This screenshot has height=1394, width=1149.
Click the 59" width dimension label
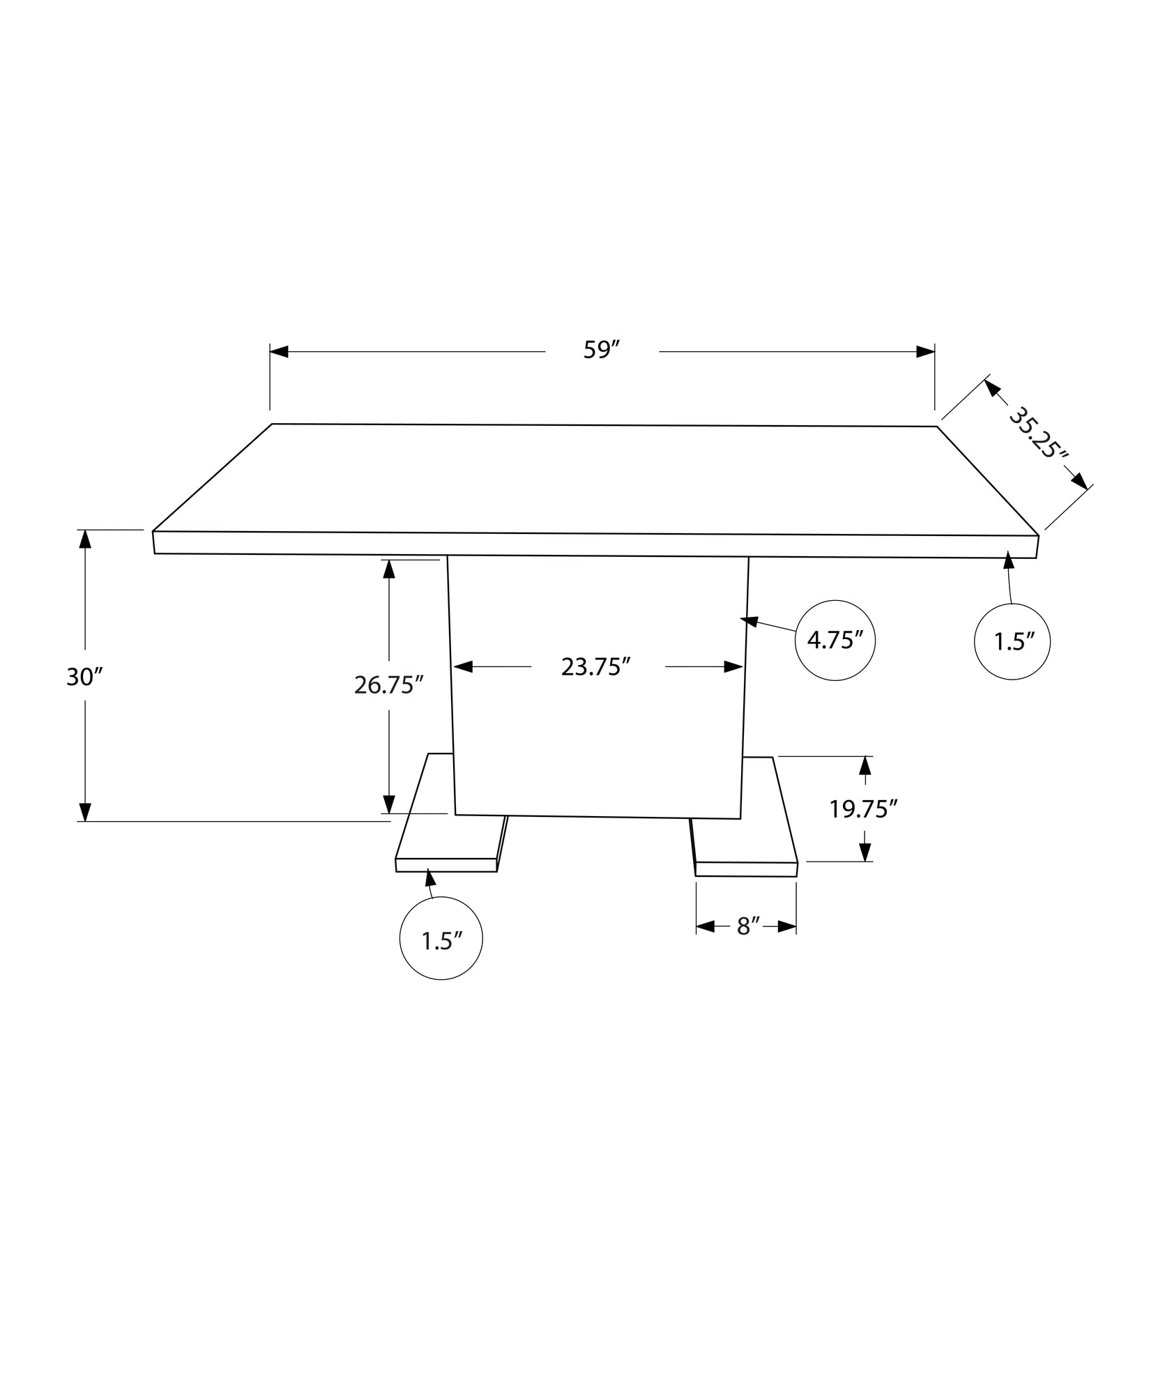tap(602, 350)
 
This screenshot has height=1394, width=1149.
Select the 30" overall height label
tap(84, 676)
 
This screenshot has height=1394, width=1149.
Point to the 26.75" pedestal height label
tap(389, 685)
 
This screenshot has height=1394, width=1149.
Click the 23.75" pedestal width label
tap(596, 667)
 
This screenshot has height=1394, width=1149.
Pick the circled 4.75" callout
tap(835, 640)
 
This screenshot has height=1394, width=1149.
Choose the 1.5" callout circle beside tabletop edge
tap(1012, 641)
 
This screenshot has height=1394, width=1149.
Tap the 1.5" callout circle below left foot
tap(441, 941)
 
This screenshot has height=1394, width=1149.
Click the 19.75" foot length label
tap(862, 809)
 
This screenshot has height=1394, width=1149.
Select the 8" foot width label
tap(747, 926)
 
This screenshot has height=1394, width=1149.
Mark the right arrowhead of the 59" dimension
tap(926, 351)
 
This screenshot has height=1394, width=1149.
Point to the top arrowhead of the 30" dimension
tap(85, 539)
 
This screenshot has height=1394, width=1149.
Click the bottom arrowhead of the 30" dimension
tap(85, 812)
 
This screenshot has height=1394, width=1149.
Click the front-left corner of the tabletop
tap(153, 542)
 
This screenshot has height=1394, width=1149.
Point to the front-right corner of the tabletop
tap(1037, 547)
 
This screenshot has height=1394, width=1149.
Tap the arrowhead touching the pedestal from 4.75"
tap(749, 620)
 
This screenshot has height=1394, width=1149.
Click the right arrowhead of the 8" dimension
tap(787, 926)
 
